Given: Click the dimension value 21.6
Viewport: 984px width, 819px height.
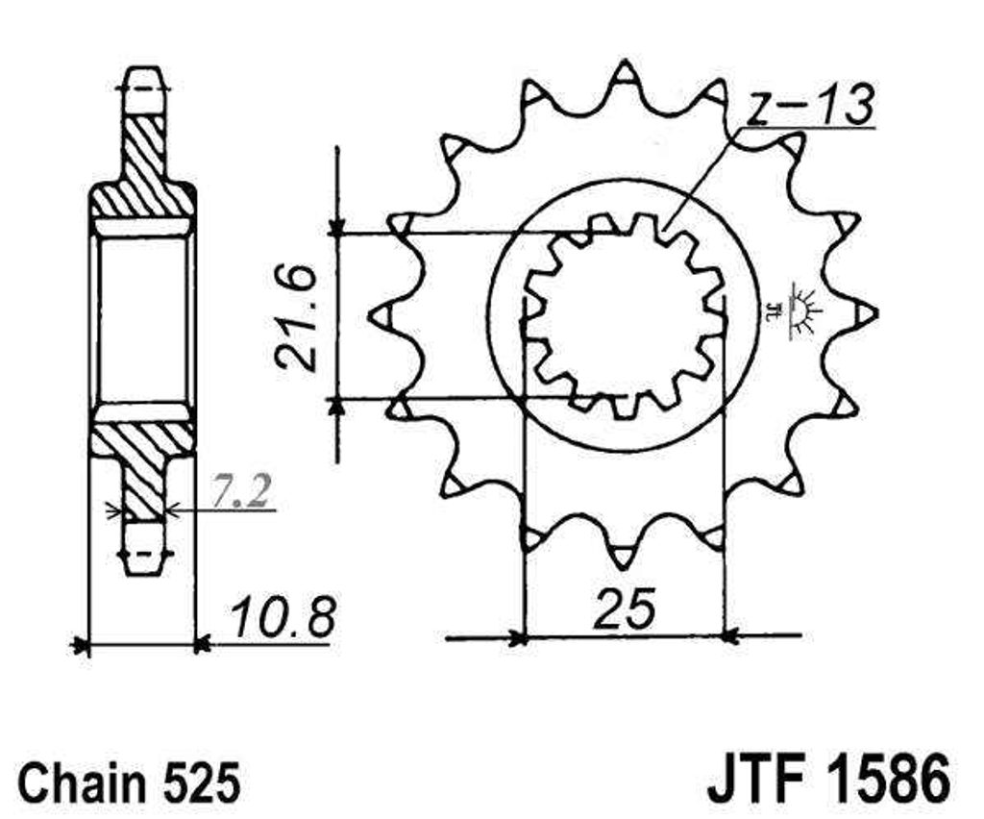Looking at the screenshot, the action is click(295, 319).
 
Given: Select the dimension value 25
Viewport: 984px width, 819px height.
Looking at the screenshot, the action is click(625, 608).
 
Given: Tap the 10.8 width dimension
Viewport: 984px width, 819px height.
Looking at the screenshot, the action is click(282, 619).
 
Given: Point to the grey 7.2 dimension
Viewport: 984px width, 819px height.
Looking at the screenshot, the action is click(241, 493).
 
